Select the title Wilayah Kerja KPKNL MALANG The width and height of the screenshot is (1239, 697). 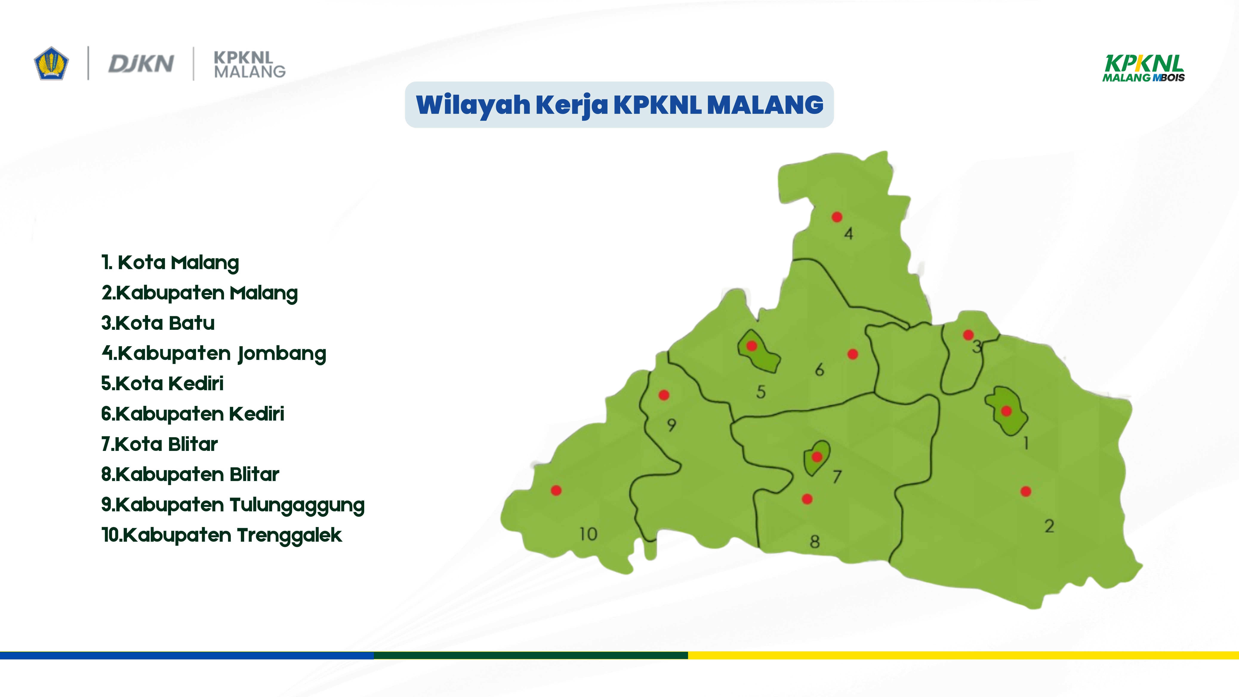[619, 105]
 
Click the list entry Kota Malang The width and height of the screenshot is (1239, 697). [170, 263]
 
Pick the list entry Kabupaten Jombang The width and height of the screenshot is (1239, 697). [214, 353]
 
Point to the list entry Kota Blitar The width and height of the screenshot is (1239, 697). [159, 444]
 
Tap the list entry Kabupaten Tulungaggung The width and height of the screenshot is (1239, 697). [233, 505]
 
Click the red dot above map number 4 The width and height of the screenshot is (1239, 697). [837, 217]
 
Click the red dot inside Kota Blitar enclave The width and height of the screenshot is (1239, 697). [817, 456]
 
